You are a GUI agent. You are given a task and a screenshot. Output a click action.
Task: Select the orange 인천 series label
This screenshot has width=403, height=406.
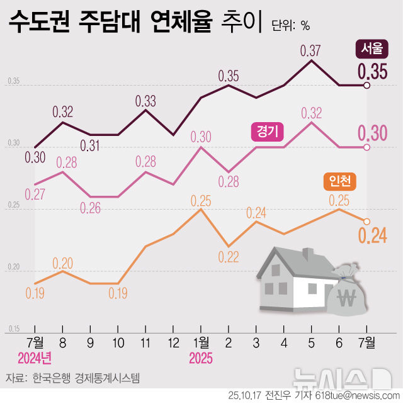pyautogui.click(x=339, y=182)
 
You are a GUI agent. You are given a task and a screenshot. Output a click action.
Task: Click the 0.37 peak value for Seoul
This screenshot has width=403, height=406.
pyautogui.click(x=311, y=50)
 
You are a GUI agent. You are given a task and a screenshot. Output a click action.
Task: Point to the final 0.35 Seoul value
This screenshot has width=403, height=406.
pyautogui.click(x=373, y=72)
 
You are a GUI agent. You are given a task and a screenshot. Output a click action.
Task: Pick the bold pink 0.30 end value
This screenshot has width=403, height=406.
pyautogui.click(x=372, y=133)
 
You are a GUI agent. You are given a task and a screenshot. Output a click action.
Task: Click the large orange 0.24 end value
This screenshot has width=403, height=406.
pyautogui.click(x=372, y=236)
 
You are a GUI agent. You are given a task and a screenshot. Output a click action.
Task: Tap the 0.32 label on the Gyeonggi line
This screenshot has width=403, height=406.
pyautogui.click(x=311, y=113)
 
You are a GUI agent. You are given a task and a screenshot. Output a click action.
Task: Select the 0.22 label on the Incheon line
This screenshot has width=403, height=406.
pyautogui.click(x=229, y=257)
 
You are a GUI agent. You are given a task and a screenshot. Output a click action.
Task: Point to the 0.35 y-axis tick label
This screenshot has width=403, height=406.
pyautogui.click(x=14, y=82)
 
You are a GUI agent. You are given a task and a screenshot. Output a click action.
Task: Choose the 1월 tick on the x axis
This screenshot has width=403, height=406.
pyautogui.click(x=200, y=343)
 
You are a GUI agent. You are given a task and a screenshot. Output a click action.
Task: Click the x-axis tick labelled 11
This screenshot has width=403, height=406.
pyautogui.click(x=145, y=343)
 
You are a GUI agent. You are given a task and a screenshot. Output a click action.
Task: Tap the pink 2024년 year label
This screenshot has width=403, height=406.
pyautogui.click(x=35, y=359)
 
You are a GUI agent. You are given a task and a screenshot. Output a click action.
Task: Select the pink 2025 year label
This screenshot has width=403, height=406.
pyautogui.click(x=201, y=359)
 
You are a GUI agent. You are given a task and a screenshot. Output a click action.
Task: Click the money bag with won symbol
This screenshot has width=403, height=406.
pyautogui.click(x=346, y=292)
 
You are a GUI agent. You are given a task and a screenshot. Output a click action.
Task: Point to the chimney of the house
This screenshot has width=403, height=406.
pyautogui.click(x=308, y=254)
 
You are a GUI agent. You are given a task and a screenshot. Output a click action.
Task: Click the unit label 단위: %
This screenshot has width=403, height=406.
pyautogui.click(x=290, y=26)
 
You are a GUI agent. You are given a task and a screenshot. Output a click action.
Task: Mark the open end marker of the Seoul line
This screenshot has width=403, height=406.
pyautogui.click(x=367, y=86)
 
